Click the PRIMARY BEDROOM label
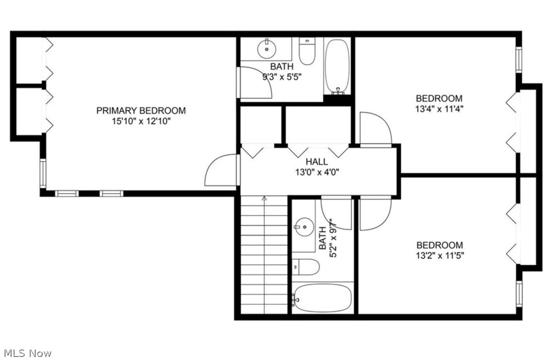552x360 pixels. (141, 111)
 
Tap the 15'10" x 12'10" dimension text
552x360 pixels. (141, 121)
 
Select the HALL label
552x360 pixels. (317, 162)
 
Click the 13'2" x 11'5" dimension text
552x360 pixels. (439, 255)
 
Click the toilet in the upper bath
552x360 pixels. (306, 51)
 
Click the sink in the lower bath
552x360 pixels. (303, 227)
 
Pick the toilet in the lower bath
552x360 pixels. (306, 266)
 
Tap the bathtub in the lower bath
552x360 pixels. (323, 298)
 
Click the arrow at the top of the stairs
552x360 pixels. (264, 200)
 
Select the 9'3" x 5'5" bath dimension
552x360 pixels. (282, 77)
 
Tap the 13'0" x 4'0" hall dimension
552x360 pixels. (317, 172)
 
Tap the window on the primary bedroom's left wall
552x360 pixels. (43, 173)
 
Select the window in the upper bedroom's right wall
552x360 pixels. (519, 59)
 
